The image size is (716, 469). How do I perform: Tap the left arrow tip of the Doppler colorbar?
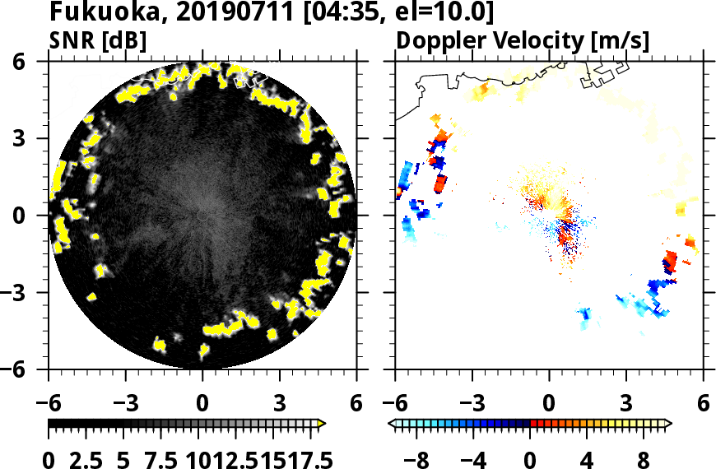[391, 424]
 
